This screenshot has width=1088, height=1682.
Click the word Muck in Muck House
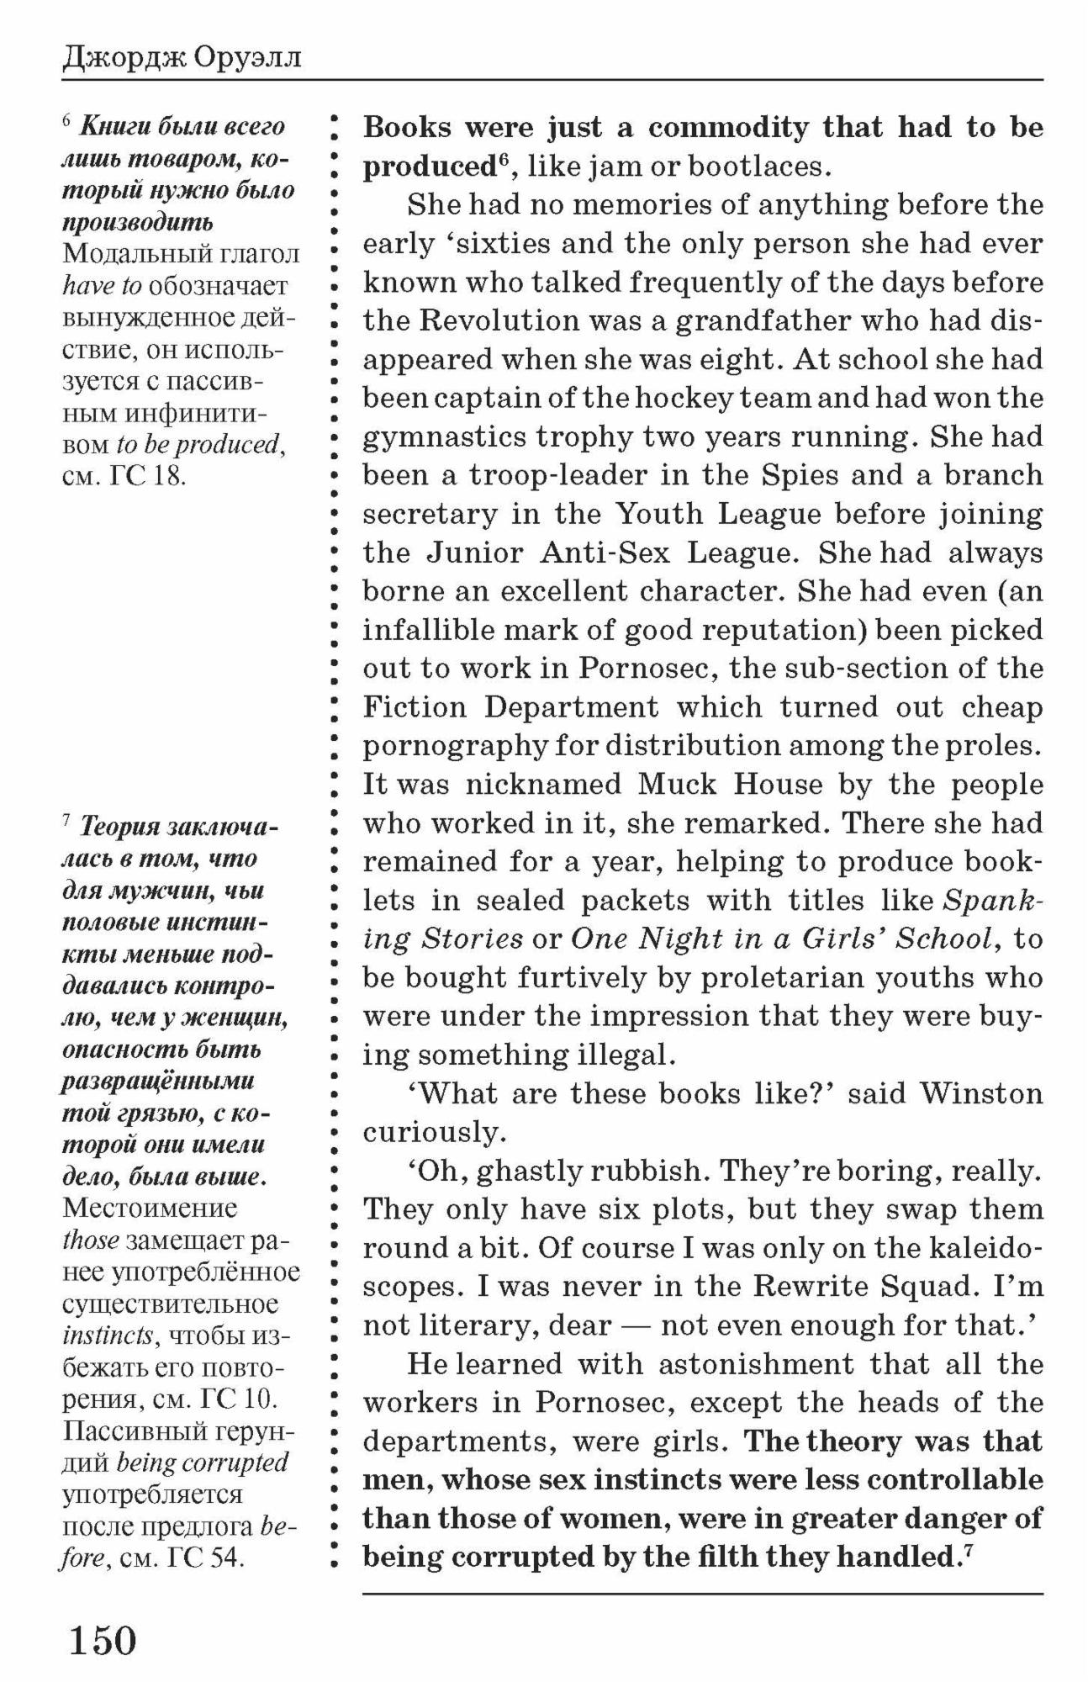(678, 785)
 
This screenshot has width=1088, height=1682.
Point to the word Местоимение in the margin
(150, 1209)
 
